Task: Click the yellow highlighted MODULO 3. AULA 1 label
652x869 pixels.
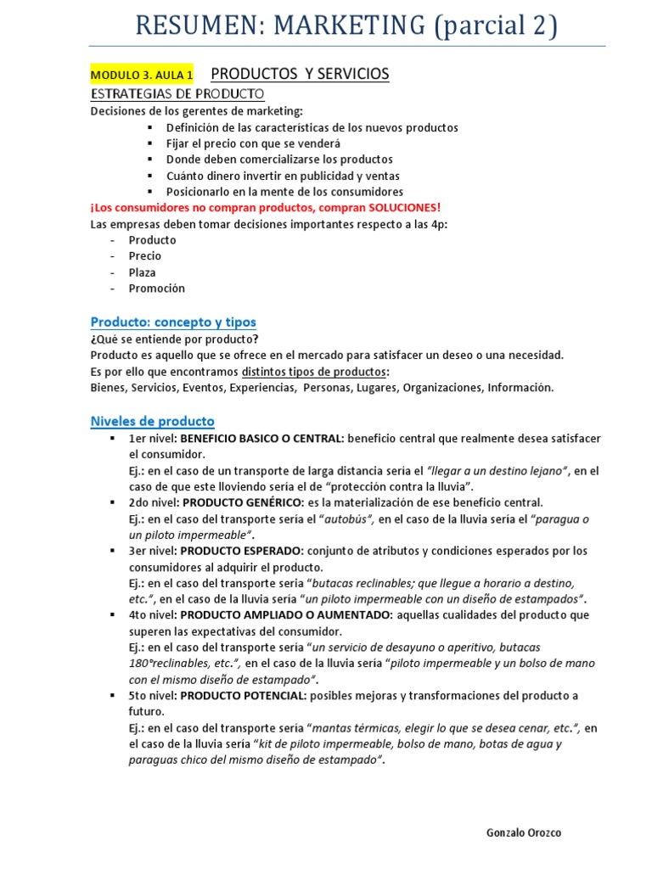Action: pos(142,76)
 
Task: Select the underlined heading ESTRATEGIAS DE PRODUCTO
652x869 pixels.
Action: pos(177,93)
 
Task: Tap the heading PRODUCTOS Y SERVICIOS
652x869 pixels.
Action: pos(300,74)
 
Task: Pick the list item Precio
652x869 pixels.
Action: pos(144,256)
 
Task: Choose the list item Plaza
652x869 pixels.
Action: pos(143,272)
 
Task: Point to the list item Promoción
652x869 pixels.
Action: pos(156,289)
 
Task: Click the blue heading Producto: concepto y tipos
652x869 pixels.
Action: pos(173,322)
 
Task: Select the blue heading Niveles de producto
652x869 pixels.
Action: pos(153,421)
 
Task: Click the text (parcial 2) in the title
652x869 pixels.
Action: pos(495,25)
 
